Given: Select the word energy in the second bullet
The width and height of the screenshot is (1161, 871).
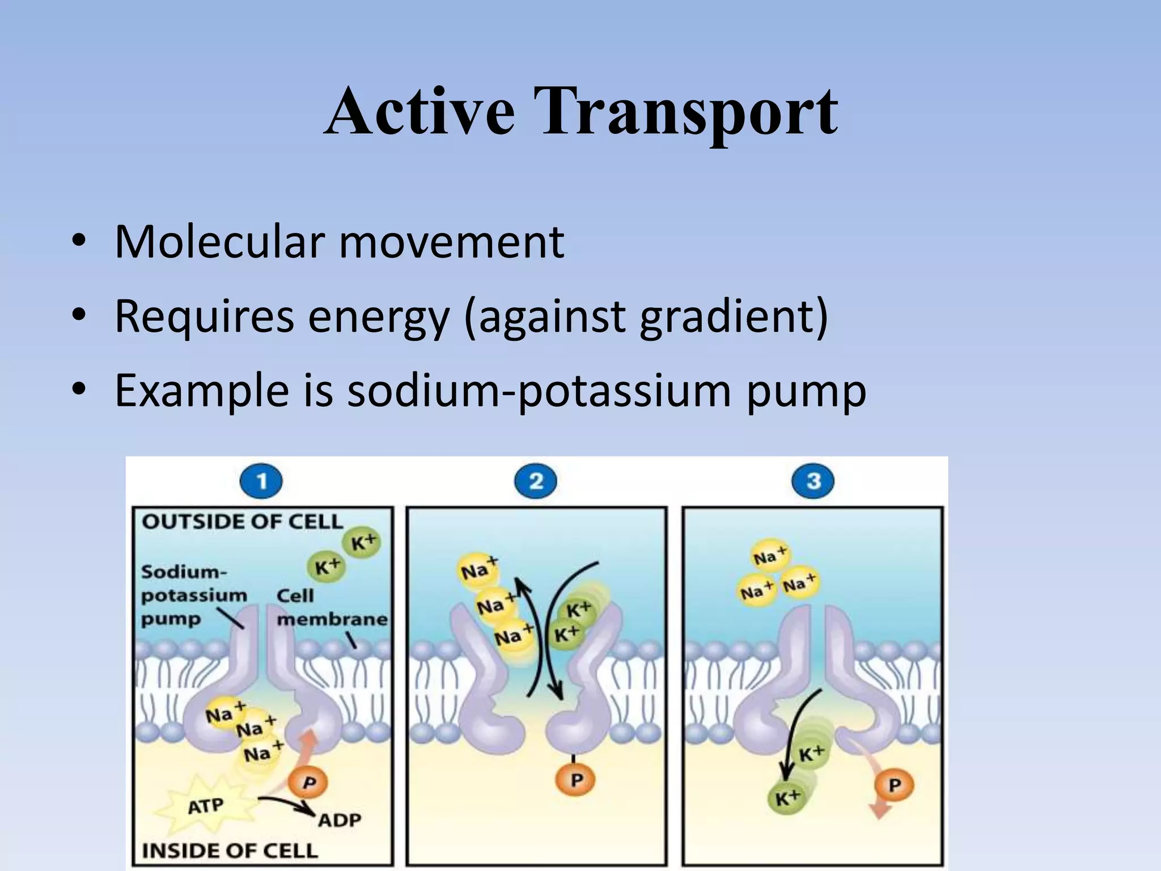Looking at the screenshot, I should click(x=378, y=318).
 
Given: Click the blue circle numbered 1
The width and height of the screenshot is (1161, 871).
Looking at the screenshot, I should click(x=261, y=482).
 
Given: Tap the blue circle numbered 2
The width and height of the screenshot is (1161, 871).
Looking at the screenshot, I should click(x=536, y=482).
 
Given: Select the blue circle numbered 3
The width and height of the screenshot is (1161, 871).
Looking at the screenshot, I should click(x=813, y=482).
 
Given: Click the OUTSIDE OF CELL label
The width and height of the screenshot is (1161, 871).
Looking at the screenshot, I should click(x=242, y=522).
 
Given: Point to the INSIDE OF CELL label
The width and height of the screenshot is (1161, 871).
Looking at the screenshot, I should click(x=230, y=851).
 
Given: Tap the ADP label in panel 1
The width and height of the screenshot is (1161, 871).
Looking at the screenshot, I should click(x=339, y=820).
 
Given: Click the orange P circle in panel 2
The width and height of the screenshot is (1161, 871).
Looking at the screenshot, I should click(x=577, y=780).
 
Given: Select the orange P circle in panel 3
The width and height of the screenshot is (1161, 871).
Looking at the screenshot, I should click(x=894, y=785).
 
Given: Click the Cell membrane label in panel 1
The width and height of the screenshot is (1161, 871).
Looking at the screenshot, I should click(x=332, y=607).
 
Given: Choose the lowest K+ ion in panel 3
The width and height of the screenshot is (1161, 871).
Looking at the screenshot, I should click(x=787, y=798).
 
